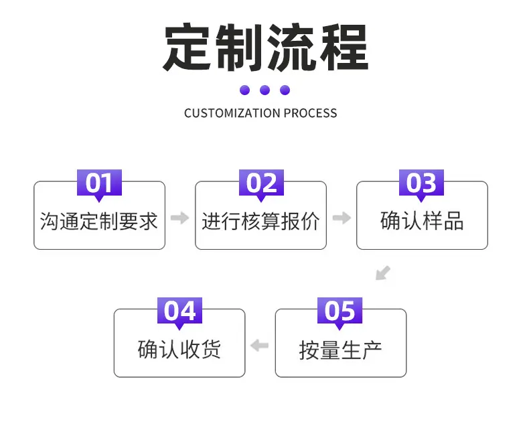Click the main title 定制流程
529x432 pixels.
tap(266, 47)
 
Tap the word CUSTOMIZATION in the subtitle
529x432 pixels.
tap(232, 113)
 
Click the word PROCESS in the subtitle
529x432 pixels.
tap(310, 113)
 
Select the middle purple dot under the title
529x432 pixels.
tap(265, 90)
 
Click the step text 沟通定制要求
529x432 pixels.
tap(99, 222)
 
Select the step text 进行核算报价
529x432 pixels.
tap(260, 222)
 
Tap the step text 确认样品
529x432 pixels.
tap(422, 221)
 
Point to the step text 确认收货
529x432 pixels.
tap(179, 349)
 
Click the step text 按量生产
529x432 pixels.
tap(340, 350)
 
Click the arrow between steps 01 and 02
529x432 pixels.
tap(180, 218)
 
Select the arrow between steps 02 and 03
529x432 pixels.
tap(342, 218)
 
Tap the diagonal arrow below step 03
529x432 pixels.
tap(383, 273)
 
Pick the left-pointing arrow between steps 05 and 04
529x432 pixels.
tap(259, 345)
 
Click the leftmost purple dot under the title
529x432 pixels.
tap(244, 90)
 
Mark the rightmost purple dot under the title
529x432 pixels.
tap(285, 90)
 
